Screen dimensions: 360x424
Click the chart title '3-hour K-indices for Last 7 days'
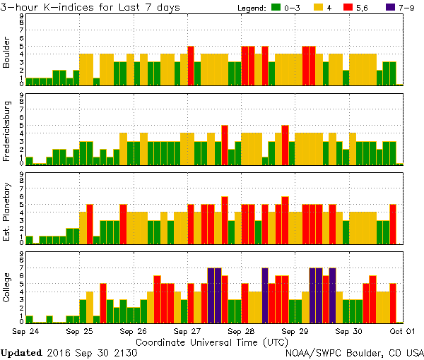coord(90,7)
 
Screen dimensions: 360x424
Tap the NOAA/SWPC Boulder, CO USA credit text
coord(355,352)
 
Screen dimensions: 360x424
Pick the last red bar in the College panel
coord(393,302)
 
